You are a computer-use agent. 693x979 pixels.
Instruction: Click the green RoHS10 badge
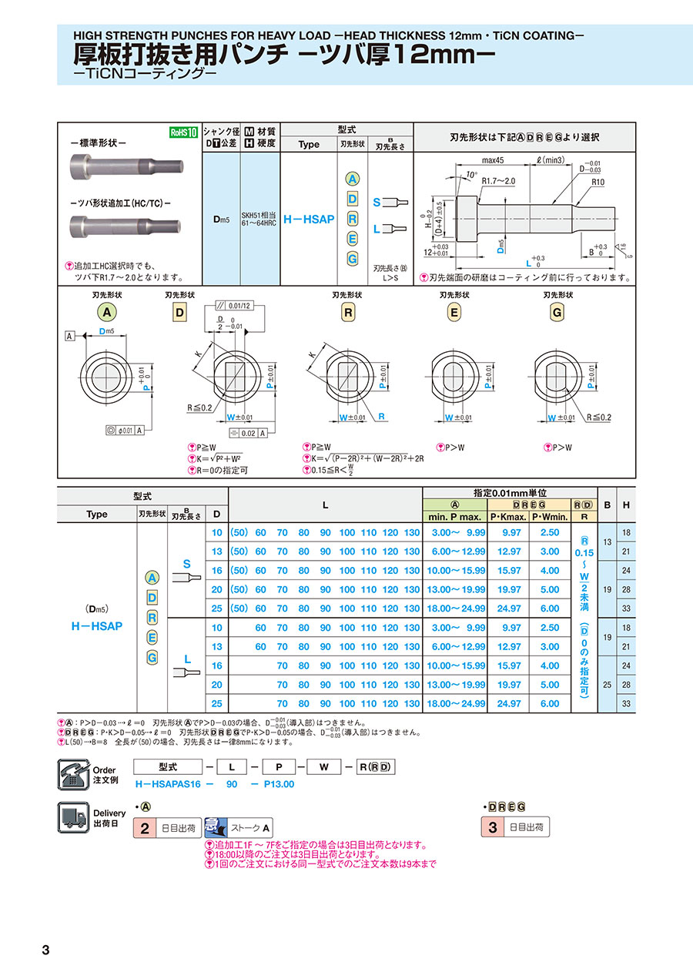click(x=184, y=132)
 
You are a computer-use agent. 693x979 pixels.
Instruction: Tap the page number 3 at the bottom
click(x=45, y=950)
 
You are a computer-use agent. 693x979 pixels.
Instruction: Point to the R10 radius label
click(x=598, y=183)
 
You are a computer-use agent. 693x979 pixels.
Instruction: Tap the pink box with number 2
click(x=144, y=829)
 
